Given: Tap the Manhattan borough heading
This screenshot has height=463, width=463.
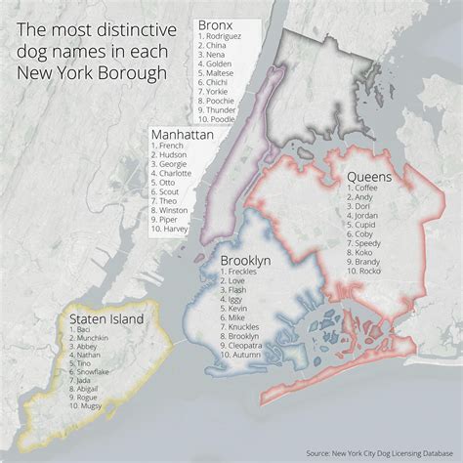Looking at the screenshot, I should pos(182,134).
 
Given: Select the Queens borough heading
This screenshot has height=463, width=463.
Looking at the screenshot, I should pos(369,177).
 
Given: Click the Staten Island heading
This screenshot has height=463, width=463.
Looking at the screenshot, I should pos(105,319).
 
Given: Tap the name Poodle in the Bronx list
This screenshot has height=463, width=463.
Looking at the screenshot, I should pos(220,119).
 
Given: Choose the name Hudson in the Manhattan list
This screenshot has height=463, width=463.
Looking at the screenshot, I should pos(172,155).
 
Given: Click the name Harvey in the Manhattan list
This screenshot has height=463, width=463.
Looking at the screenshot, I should pos(174,231).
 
